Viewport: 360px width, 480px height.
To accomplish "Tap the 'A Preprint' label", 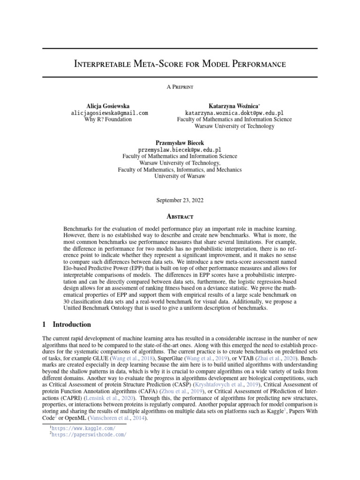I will coord(180,87).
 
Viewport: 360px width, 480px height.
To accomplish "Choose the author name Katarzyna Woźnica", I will coord(233,106).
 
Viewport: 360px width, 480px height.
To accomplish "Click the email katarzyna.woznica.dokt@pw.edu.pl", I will coord(234,113).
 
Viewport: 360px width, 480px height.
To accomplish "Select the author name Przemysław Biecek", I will coord(180,142).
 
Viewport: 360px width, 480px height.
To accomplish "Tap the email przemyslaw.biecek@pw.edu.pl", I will coord(180,150).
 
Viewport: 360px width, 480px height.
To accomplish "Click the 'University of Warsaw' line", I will coord(180,177).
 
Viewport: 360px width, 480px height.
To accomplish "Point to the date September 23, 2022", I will coord(180,200).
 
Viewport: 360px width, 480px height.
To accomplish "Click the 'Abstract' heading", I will coord(180,217).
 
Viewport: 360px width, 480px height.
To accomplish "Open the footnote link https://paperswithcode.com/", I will coord(89,435).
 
